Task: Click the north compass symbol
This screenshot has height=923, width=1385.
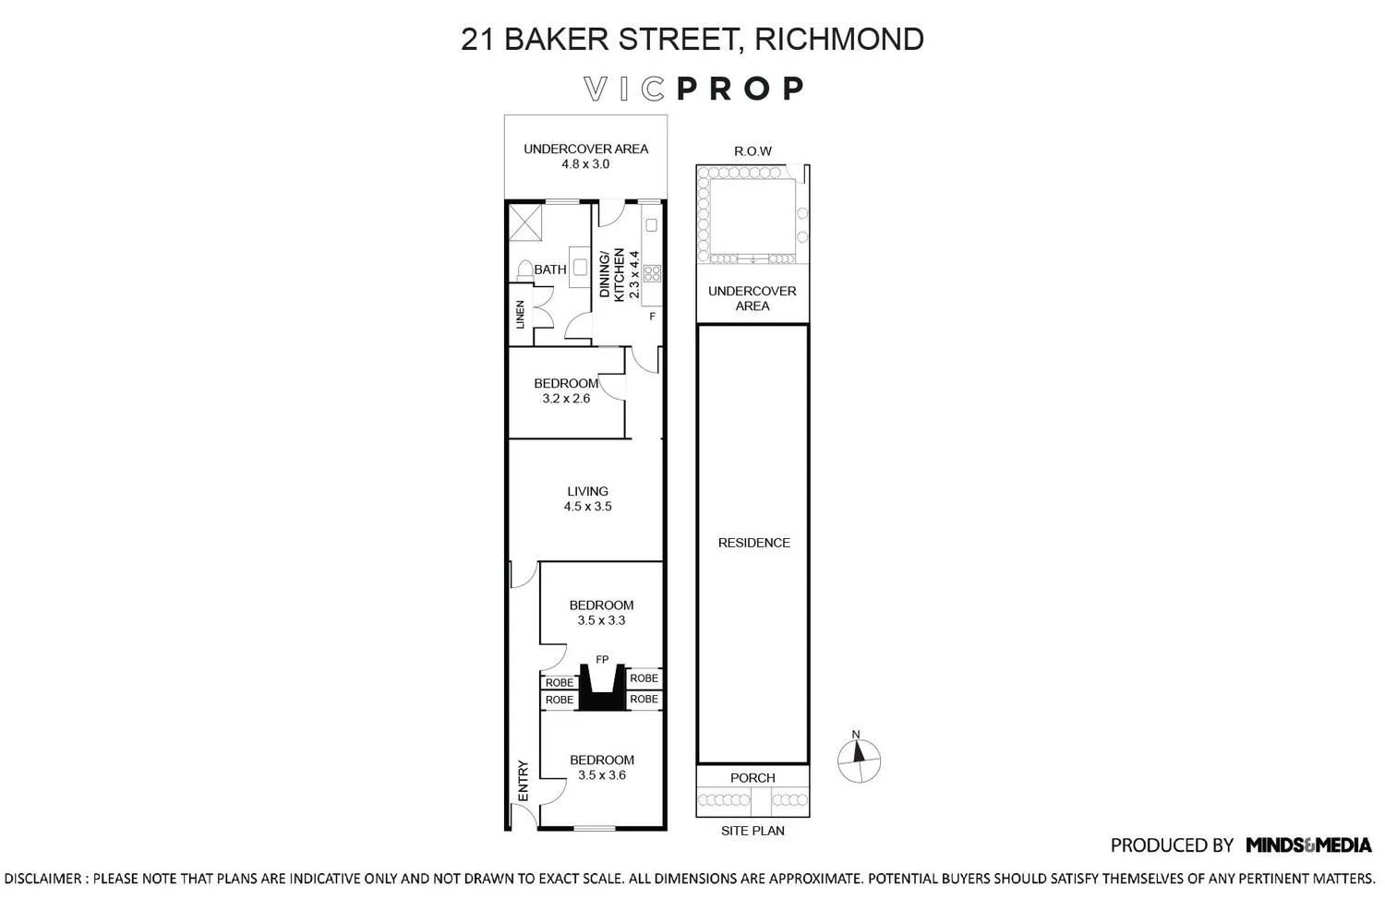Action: (x=859, y=760)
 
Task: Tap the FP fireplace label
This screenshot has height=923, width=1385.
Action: (x=602, y=659)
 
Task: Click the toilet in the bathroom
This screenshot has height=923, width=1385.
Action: (x=525, y=270)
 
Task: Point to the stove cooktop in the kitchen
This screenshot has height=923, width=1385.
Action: (x=652, y=272)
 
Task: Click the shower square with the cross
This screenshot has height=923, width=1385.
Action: (x=525, y=222)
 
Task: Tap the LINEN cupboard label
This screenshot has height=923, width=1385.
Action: (x=520, y=315)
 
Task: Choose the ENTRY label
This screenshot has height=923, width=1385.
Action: (x=524, y=781)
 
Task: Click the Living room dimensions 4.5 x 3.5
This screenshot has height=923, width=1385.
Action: (x=587, y=507)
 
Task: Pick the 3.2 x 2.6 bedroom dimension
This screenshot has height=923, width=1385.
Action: (x=566, y=399)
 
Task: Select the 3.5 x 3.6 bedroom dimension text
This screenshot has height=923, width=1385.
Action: (x=602, y=775)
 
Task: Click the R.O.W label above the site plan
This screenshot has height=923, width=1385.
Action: (x=753, y=150)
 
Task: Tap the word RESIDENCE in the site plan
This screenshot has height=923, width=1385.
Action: (x=753, y=543)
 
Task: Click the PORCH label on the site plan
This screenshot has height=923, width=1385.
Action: (x=753, y=778)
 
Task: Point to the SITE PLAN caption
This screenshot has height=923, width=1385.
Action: (x=753, y=831)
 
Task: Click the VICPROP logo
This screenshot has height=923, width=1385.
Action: (x=693, y=89)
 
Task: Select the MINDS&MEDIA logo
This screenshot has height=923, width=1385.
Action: (x=1308, y=845)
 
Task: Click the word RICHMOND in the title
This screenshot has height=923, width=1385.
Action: (x=839, y=39)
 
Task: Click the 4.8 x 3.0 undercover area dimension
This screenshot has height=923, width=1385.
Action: (x=585, y=164)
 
